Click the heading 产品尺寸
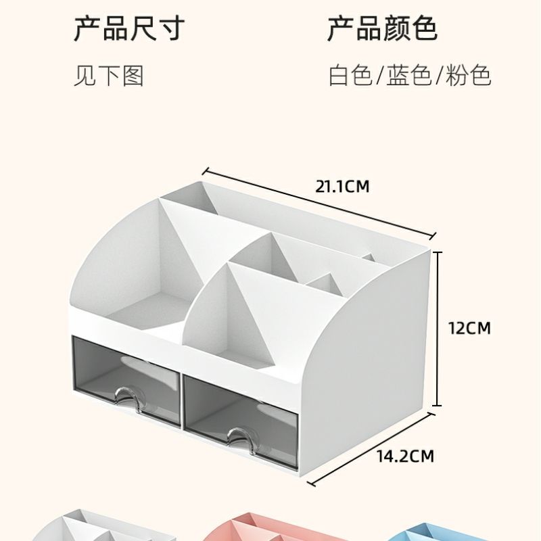(128, 30)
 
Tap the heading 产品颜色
(383, 30)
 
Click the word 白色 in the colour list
(350, 76)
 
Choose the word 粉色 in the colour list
(468, 76)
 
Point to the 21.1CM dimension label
(342, 186)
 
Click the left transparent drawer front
(125, 375)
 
